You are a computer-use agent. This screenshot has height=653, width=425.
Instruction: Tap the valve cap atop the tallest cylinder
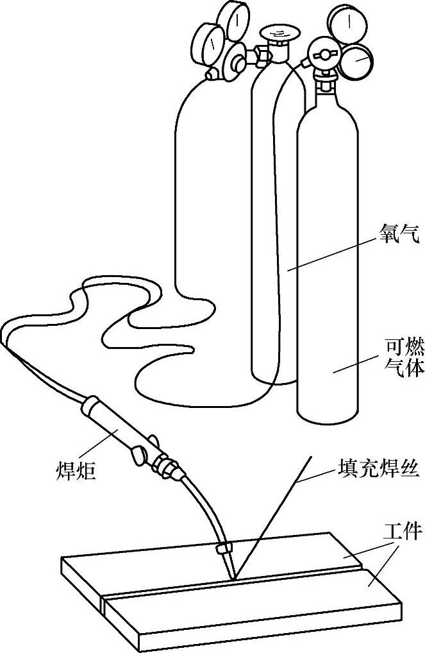[276, 33]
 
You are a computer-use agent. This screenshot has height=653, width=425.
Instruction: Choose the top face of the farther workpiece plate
[212, 564]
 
